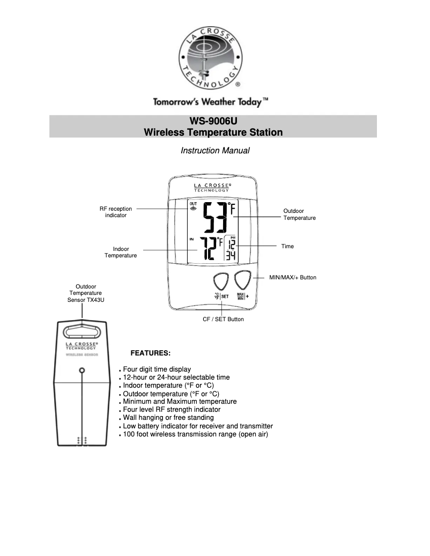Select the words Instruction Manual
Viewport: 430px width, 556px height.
pos(215,151)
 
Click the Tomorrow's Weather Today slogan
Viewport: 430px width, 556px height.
pos(211,101)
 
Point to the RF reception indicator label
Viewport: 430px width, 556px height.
pos(116,212)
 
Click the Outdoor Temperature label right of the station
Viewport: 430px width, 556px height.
pos(299,214)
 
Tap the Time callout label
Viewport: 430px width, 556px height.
pos(287,246)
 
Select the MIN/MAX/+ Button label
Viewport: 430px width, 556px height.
pos(292,277)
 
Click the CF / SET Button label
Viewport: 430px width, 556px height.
pos(223,320)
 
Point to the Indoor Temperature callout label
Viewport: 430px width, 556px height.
pos(121,253)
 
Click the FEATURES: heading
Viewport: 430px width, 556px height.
pos(151,353)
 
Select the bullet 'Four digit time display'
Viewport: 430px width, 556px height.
pos(157,369)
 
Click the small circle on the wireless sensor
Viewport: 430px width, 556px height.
pos(82,370)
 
